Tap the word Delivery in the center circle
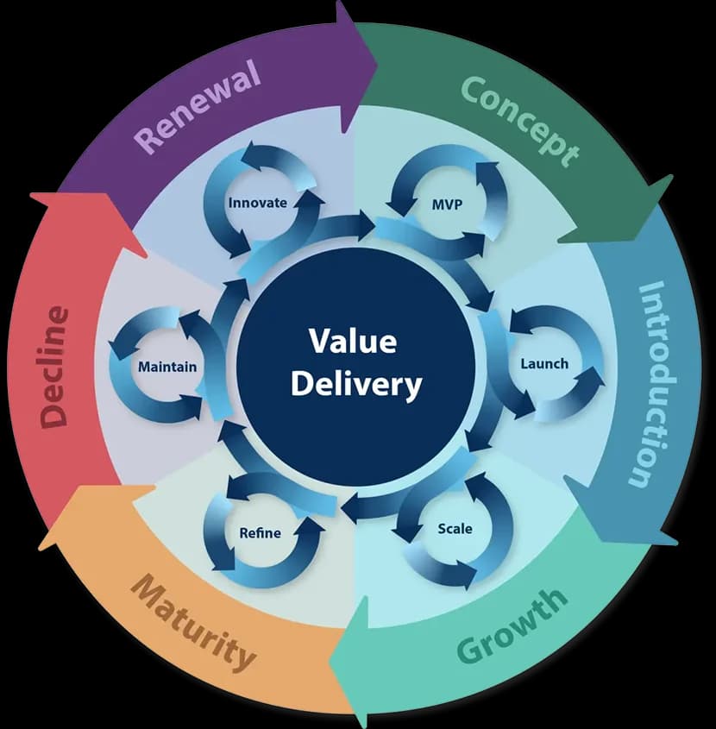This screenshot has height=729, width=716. point(355,384)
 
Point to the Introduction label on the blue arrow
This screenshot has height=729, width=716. point(655,384)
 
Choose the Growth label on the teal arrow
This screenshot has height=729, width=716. point(512,625)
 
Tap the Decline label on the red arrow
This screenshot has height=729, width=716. point(53,366)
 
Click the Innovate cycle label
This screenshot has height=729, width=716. point(256,203)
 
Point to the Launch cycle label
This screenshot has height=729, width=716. point(544,363)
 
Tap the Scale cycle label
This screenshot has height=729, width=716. point(455,528)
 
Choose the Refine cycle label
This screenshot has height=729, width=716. point(260,532)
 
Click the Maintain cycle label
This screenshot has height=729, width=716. point(167,367)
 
